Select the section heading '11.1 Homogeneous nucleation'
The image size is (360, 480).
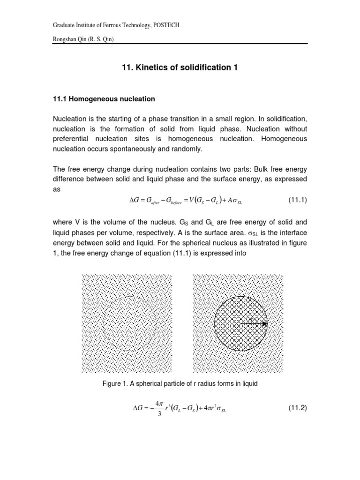103,99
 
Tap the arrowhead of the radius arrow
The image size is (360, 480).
265,323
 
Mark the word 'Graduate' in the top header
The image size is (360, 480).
65,25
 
